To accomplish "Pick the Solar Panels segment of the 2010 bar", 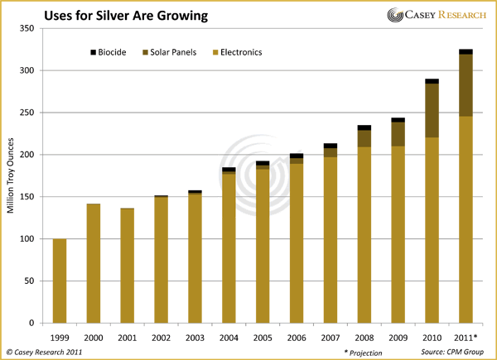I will click(432, 111).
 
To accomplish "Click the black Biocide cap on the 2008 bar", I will click(364, 127).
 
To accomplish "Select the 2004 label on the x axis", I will click(229, 338).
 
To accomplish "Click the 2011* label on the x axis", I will click(466, 338).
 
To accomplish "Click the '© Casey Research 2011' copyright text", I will click(48, 352).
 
